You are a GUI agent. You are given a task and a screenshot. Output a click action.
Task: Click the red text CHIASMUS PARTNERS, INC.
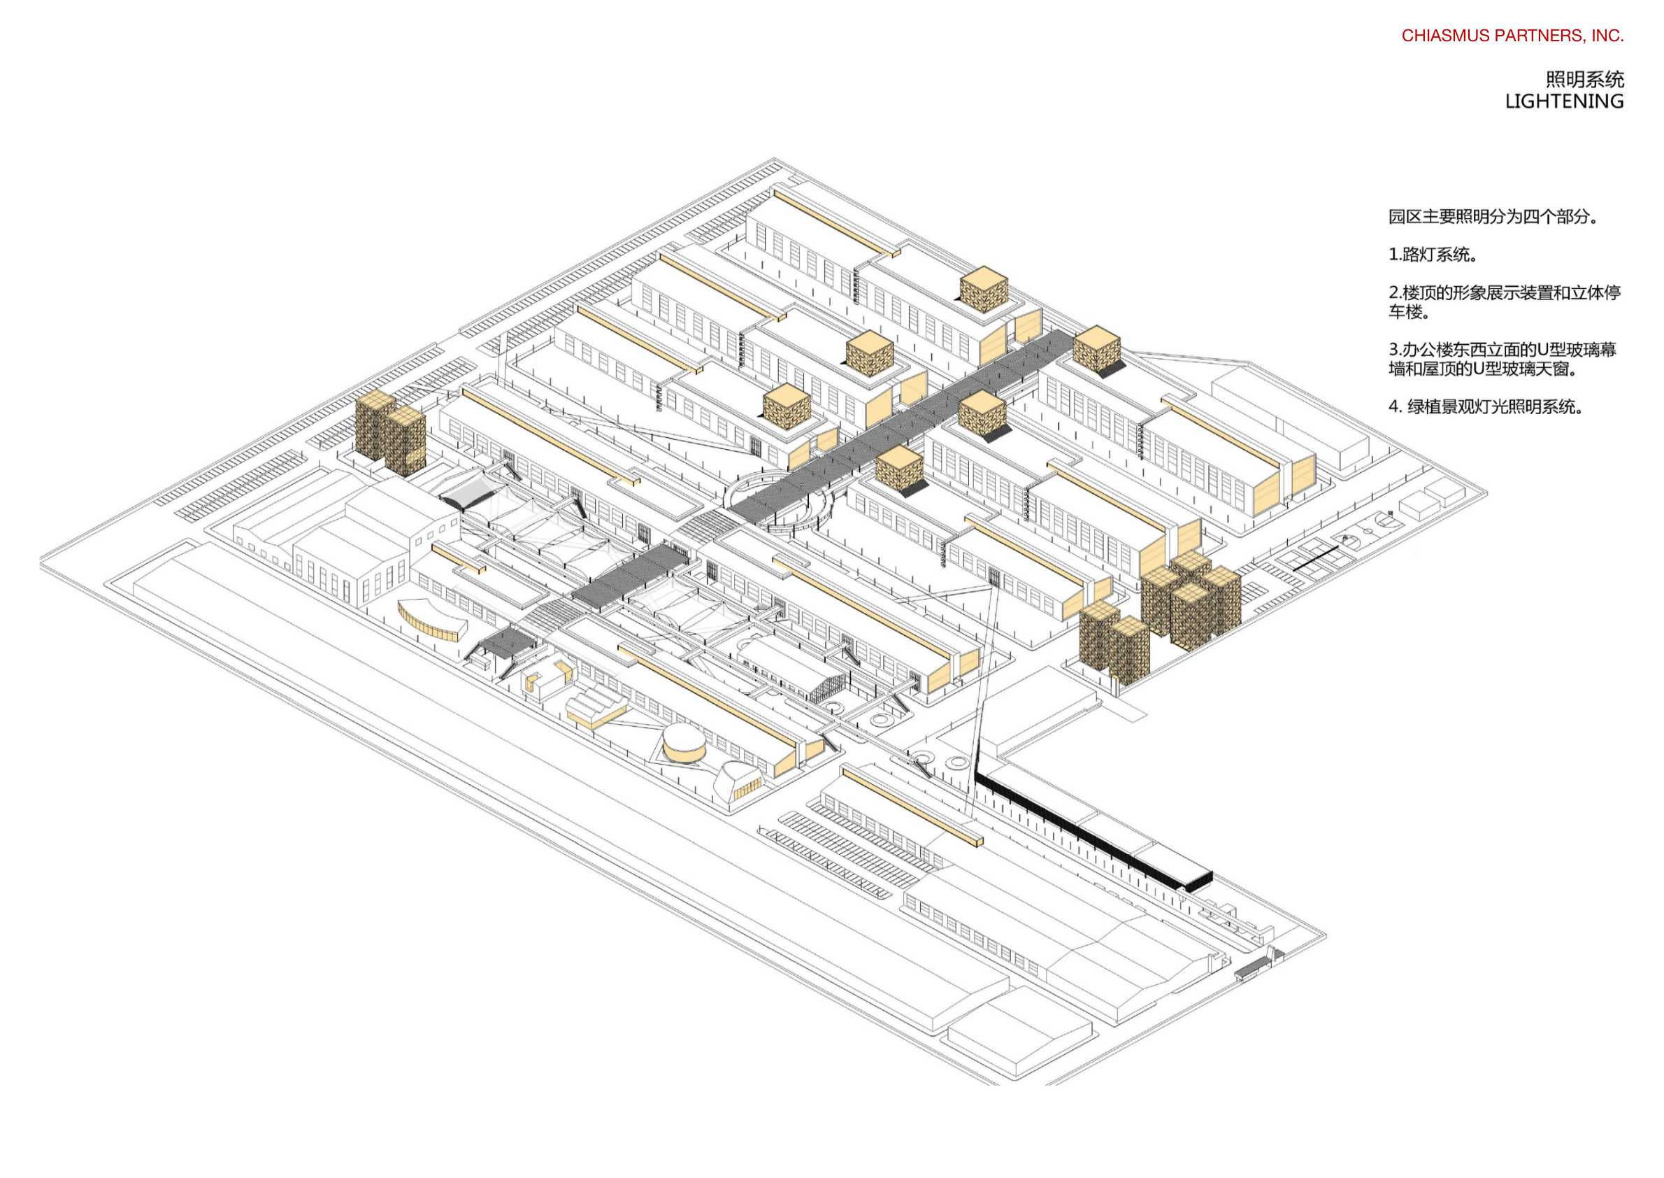(x=1512, y=36)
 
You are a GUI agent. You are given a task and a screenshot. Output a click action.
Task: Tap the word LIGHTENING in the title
(x=1564, y=101)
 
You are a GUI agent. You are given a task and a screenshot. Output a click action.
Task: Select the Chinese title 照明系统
(x=1584, y=78)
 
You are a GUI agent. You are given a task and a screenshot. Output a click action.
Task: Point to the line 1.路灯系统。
(x=1433, y=255)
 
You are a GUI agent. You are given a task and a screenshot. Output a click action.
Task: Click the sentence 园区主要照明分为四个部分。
(x=1493, y=216)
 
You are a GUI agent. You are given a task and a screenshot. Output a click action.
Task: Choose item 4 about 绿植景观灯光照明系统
(x=1486, y=406)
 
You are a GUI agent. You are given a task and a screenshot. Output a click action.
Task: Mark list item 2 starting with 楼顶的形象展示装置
(x=1504, y=301)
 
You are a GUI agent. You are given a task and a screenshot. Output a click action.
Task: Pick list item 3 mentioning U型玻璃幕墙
(x=1502, y=359)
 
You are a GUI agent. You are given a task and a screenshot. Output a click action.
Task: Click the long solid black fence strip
(x=1088, y=827)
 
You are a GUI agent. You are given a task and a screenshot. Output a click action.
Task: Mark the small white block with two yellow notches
(x=544, y=679)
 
